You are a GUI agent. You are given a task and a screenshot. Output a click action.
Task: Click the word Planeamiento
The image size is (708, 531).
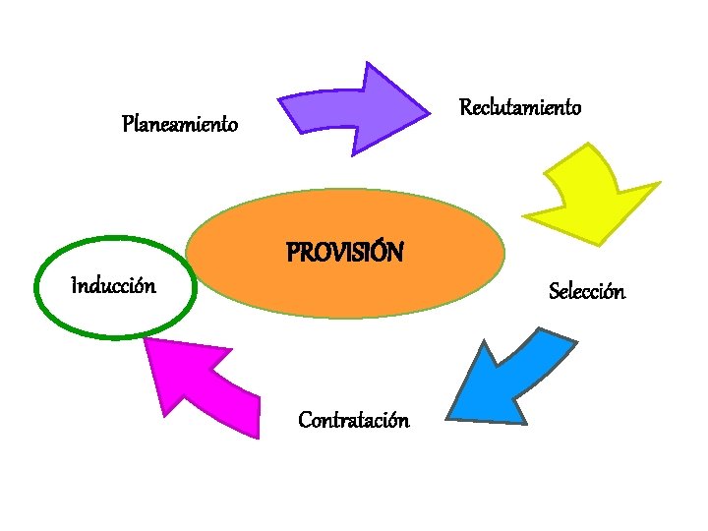point(180,125)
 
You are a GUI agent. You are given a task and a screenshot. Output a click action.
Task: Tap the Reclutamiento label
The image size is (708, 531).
point(520,106)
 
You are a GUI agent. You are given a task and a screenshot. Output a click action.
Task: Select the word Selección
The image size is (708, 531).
point(586,291)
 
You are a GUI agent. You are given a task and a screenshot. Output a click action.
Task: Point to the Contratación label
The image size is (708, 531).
point(354,421)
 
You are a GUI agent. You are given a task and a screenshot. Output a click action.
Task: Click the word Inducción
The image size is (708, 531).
point(113,286)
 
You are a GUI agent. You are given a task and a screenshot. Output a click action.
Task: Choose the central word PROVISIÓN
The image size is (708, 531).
point(344,254)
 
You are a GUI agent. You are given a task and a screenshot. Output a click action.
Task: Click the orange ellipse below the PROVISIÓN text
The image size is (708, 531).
point(344,290)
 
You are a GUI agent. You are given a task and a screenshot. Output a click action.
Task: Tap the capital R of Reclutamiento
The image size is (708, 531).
point(465,106)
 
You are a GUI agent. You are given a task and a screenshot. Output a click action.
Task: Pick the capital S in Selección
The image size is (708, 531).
point(555,292)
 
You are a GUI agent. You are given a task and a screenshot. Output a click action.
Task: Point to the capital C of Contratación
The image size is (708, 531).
point(305,421)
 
